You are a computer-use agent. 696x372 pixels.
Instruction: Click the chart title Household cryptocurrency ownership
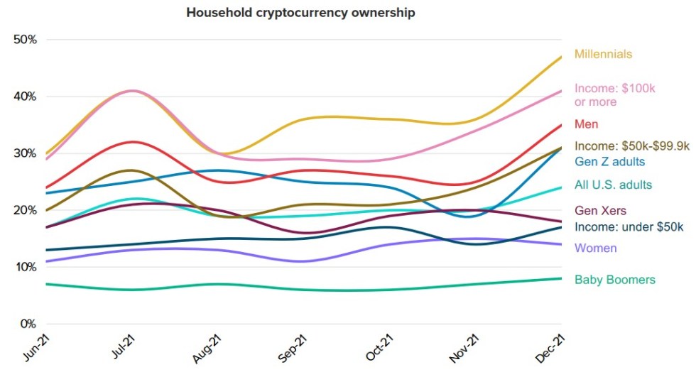point(300,13)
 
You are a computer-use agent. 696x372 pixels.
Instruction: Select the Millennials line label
point(603,54)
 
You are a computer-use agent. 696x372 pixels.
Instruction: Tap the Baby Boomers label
point(614,280)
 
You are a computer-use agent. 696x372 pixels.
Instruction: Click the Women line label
point(595,248)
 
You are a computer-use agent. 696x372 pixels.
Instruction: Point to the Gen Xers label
point(600,211)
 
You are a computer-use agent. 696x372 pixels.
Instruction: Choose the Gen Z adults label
point(609,162)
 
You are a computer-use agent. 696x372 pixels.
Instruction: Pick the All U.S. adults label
point(613,185)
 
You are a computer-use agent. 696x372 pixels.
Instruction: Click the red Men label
point(586,124)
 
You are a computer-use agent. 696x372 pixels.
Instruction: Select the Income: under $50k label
point(629,227)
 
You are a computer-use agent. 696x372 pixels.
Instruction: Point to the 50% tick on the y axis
point(25,40)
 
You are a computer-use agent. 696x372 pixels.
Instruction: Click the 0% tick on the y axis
point(28,324)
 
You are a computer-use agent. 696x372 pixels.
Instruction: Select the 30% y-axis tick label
point(25,153)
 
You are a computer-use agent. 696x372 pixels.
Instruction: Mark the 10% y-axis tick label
point(25,267)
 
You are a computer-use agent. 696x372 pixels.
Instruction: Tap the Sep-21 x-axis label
point(295,348)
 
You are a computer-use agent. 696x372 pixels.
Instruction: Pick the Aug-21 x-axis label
point(208,348)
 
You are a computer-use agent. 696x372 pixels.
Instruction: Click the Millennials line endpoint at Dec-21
point(562,56)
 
